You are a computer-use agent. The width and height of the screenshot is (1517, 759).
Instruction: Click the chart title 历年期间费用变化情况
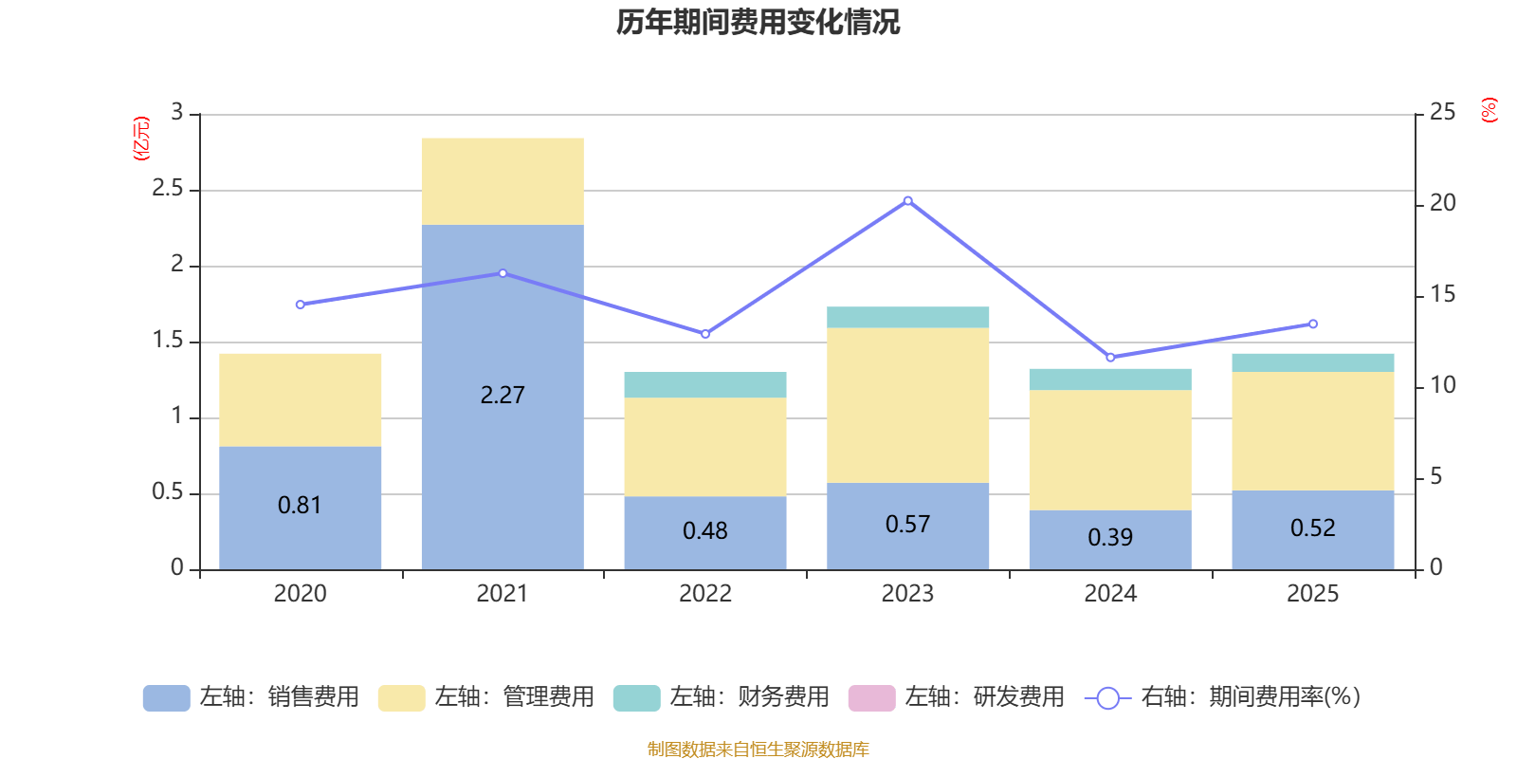tap(758, 22)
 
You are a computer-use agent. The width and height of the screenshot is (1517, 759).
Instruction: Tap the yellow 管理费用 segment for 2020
tap(301, 399)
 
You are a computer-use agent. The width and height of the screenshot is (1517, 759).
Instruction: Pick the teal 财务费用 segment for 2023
tap(907, 317)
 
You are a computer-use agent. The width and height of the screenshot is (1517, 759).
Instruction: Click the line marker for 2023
tap(907, 201)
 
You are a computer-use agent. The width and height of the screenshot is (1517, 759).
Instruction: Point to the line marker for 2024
tap(1110, 358)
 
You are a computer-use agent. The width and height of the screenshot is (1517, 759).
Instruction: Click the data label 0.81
tap(300, 506)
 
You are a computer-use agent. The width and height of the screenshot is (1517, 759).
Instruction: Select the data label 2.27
tap(503, 396)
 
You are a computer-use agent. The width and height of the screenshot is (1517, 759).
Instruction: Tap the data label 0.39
tap(1110, 538)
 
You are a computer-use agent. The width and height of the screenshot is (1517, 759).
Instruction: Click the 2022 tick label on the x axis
tap(705, 594)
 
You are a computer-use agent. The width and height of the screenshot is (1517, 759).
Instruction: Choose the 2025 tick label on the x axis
tap(1312, 594)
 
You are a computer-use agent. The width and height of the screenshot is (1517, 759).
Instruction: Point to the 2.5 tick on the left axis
tap(169, 189)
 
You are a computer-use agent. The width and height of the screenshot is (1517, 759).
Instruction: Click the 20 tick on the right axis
tap(1442, 203)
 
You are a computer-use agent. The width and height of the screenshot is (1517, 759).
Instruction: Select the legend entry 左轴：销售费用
tap(251, 697)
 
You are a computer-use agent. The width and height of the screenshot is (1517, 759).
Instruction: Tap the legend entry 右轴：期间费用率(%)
tap(1223, 697)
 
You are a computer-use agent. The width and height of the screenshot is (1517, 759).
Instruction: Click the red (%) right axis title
tap(1489, 110)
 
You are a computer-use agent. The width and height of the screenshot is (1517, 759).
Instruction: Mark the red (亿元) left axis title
tap(140, 139)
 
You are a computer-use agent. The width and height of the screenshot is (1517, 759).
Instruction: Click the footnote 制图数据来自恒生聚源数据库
tap(758, 750)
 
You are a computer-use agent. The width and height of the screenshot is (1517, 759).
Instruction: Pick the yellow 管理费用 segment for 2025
tap(1312, 431)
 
